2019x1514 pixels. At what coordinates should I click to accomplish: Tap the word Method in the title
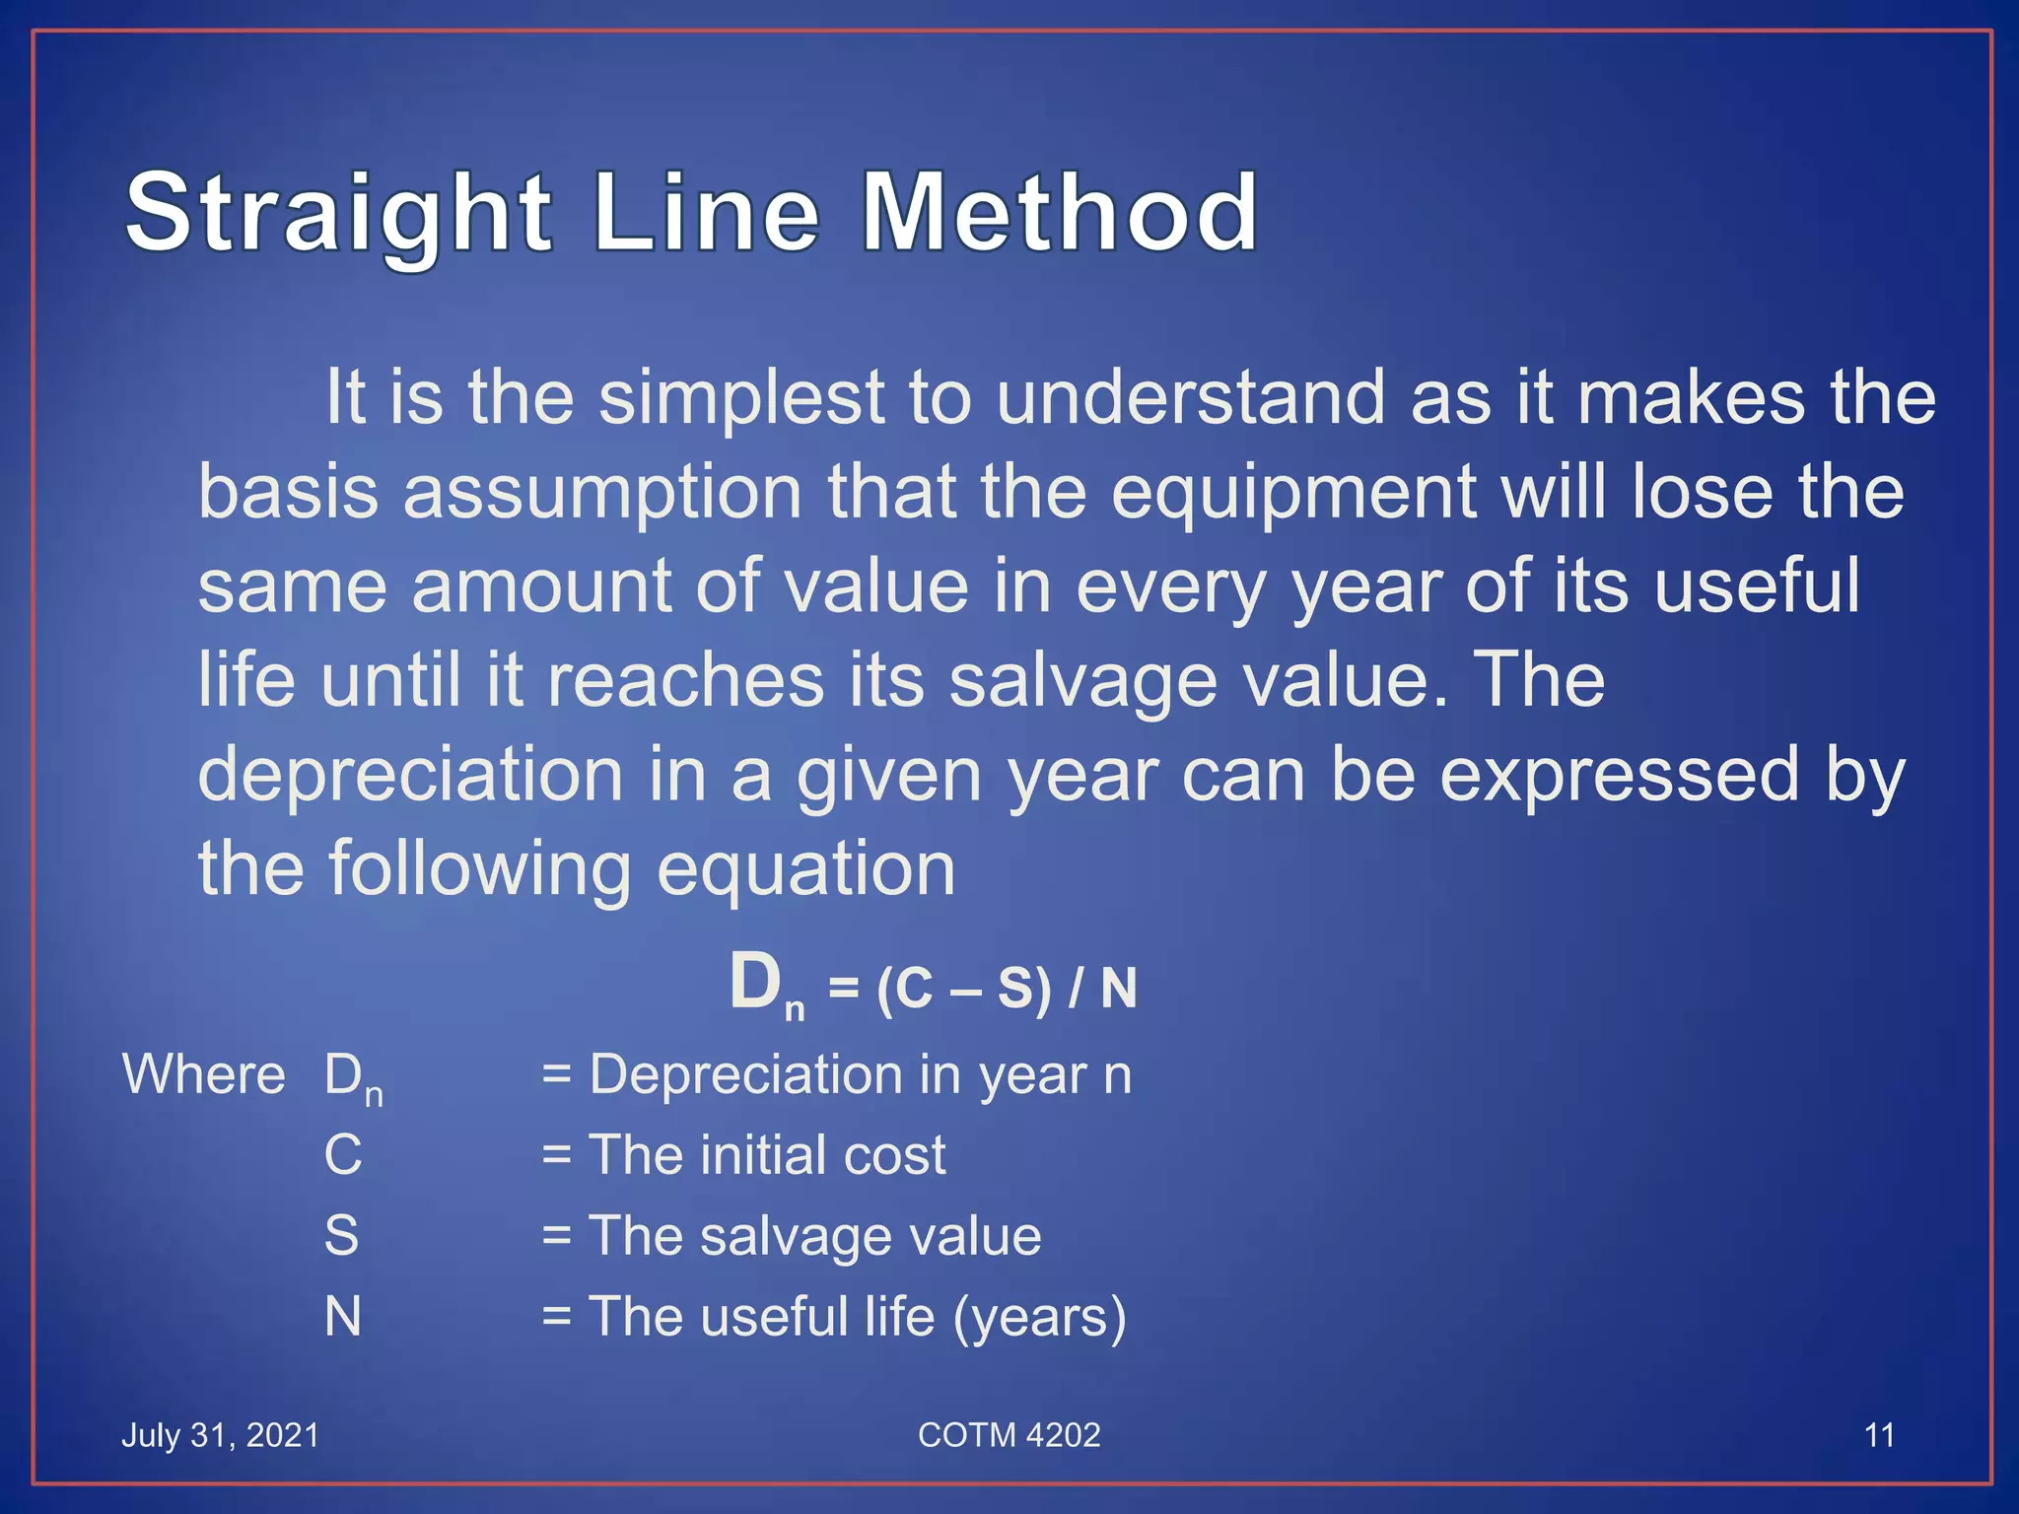(1060, 212)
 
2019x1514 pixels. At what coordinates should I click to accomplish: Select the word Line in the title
(706, 212)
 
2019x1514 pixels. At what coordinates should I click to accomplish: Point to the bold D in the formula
(756, 983)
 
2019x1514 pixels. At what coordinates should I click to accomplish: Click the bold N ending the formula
(1118, 989)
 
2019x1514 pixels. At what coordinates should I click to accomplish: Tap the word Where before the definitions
(204, 1074)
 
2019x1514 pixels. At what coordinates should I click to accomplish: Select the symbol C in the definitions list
(342, 1154)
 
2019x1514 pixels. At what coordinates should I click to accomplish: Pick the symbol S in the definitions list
(341, 1235)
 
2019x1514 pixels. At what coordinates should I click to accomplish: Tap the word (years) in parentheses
(1039, 1317)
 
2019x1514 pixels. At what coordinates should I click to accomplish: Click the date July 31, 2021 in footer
(221, 1435)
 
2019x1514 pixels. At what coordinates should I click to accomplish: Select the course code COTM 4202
(1009, 1435)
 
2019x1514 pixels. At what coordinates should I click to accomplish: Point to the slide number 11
(1879, 1435)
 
